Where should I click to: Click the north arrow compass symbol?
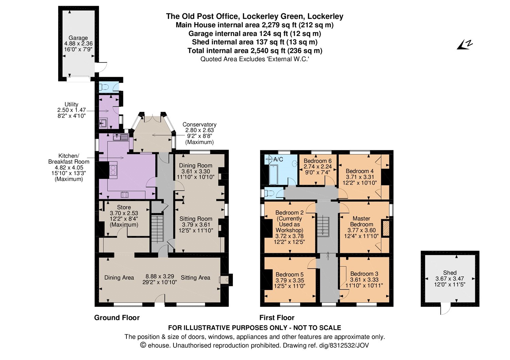[464, 45]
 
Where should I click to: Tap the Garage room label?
[78, 38]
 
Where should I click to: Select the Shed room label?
[450, 273]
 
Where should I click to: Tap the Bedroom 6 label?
[318, 161]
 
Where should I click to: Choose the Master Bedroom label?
[361, 221]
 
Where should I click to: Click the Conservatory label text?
[200, 124]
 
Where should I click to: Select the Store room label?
[124, 207]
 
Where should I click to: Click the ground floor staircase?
[157, 229]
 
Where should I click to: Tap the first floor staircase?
[323, 227]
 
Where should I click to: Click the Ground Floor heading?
[117, 318]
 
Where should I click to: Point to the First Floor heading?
[277, 318]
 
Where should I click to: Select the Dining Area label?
[119, 278]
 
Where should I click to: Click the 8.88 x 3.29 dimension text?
[160, 276]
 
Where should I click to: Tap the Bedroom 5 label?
[290, 275]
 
